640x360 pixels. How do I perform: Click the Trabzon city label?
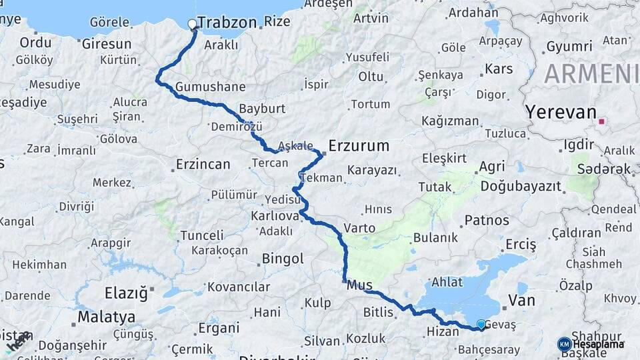click(x=227, y=23)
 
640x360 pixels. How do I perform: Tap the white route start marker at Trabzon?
click(x=193, y=25)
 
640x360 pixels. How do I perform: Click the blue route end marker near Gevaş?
click(x=481, y=325)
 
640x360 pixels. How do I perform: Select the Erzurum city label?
click(x=359, y=145)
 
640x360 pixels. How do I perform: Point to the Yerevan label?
click(x=560, y=112)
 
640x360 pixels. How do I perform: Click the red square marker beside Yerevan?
click(x=603, y=121)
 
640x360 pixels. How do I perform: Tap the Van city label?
click(x=521, y=301)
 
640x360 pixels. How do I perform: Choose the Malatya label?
click(x=106, y=317)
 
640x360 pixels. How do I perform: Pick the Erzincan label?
click(x=203, y=164)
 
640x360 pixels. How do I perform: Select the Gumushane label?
click(x=210, y=87)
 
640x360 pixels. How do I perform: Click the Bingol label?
click(x=283, y=258)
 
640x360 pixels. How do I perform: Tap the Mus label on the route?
click(x=360, y=285)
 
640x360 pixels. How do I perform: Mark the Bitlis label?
click(x=379, y=312)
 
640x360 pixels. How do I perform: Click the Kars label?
click(x=499, y=69)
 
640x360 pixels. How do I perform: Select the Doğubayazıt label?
click(x=521, y=186)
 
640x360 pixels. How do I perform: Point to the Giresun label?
click(x=107, y=44)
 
